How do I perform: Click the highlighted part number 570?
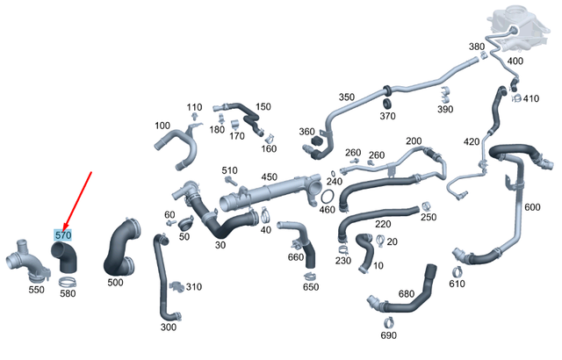(x=63, y=235)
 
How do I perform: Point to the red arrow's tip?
(x=63, y=229)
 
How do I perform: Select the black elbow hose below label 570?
(x=65, y=256)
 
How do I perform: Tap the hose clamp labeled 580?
(x=68, y=282)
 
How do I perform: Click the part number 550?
(x=37, y=290)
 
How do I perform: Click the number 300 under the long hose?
(x=168, y=327)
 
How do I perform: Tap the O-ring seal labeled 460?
(x=328, y=197)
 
